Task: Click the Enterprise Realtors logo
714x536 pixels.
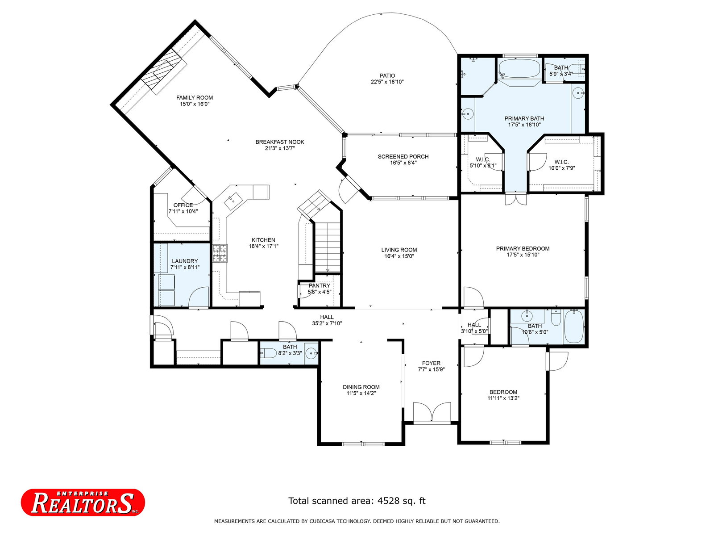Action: click(x=83, y=502)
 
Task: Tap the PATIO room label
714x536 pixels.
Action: click(x=387, y=75)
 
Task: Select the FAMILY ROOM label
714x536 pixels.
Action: click(x=195, y=98)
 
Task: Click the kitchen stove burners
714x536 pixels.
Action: click(x=220, y=254)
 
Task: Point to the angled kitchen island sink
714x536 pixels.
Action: click(x=233, y=201)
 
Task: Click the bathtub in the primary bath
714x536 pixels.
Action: click(x=519, y=69)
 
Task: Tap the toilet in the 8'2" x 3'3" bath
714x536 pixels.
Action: click(x=268, y=353)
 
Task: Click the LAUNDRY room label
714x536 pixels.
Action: click(x=185, y=261)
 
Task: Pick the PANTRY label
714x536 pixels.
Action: click(x=320, y=285)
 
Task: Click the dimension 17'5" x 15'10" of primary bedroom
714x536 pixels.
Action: click(x=523, y=255)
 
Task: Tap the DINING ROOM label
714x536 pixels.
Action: click(x=361, y=387)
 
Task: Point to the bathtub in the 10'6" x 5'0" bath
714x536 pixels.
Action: click(x=574, y=326)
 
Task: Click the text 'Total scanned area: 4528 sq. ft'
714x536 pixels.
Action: click(x=357, y=501)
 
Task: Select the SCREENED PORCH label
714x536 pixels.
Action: click(x=403, y=156)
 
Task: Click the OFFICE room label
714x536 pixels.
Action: click(x=183, y=205)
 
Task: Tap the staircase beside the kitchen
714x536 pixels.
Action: click(x=328, y=247)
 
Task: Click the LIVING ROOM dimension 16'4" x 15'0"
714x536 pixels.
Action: click(x=399, y=256)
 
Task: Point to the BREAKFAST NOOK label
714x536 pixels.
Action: click(x=280, y=142)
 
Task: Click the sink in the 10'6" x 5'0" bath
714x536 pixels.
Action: click(x=527, y=316)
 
